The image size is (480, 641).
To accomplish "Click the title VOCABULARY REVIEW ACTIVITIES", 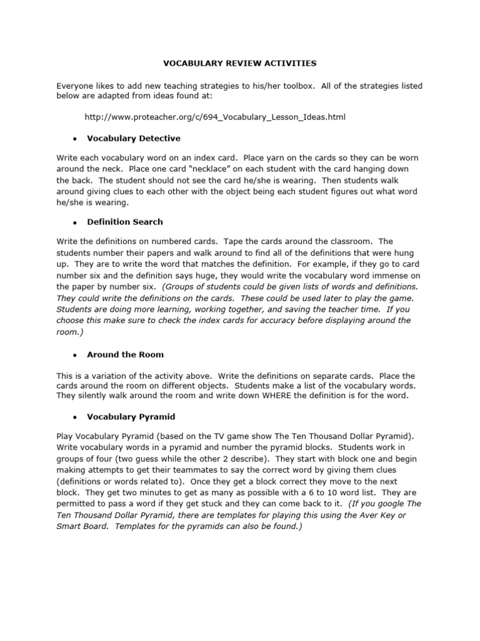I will coord(240,63).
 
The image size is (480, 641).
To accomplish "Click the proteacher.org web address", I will coord(215,116).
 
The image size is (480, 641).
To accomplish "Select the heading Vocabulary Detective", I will coord(134,138).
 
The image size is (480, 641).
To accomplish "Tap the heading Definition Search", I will coord(125,222).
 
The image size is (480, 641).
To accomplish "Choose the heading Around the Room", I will coord(125,354).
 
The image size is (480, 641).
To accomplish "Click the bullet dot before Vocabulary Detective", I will coord(74,138).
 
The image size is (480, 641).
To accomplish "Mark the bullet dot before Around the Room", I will coord(74,355).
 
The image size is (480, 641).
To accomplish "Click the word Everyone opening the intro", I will coord(77,86).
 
